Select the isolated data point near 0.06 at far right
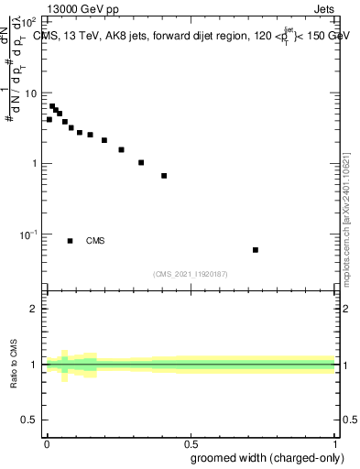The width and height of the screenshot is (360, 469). point(256,250)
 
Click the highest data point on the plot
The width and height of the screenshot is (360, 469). point(52,105)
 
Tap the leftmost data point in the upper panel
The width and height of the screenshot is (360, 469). point(49,119)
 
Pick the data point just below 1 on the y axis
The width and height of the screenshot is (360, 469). point(164,175)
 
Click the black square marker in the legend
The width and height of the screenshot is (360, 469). point(70,241)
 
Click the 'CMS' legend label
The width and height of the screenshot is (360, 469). point(95,241)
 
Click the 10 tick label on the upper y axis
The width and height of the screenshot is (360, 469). point(31,93)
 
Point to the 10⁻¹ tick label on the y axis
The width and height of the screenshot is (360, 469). point(29,234)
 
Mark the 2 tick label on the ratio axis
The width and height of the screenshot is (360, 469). point(36,309)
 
